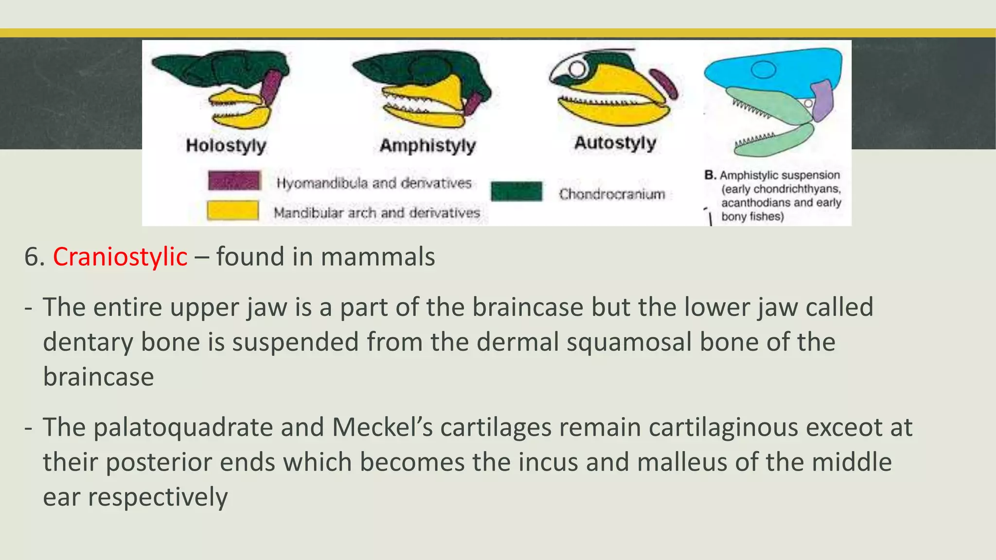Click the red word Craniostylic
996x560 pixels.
point(120,257)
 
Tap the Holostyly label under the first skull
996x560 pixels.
point(226,145)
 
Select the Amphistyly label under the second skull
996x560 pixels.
point(427,145)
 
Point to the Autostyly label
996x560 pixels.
point(615,143)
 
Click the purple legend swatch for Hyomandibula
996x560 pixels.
point(234,180)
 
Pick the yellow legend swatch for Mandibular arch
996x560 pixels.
point(232,210)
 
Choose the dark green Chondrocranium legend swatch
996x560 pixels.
point(516,191)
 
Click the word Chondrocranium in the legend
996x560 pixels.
point(612,194)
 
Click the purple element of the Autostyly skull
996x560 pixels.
point(664,84)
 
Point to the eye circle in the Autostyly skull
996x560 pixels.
point(577,69)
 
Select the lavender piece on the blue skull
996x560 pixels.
point(822,99)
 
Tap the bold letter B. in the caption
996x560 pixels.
point(710,175)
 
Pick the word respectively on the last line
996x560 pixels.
point(158,497)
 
